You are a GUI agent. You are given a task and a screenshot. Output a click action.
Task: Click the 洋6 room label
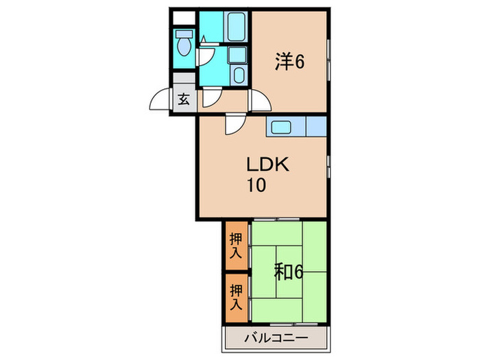pos(289,62)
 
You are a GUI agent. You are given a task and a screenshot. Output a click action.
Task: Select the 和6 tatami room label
pos(289,272)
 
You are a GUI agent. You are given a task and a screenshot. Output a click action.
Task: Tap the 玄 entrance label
pos(184,99)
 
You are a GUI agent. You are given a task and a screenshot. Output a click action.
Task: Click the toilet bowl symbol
pos(184,43)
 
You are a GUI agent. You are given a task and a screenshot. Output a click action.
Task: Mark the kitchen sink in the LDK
pos(281,127)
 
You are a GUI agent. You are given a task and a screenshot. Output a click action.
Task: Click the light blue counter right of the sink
pos(315,127)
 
